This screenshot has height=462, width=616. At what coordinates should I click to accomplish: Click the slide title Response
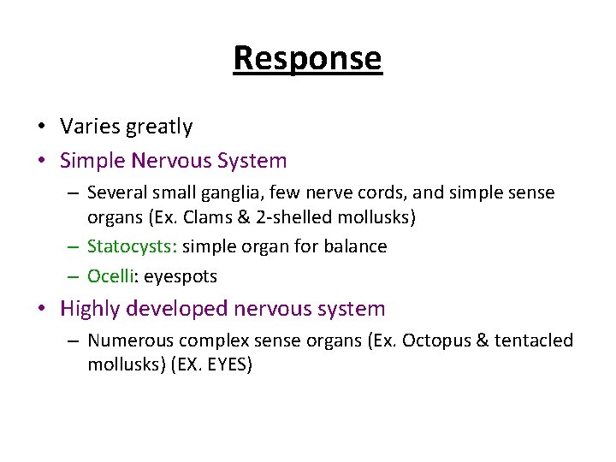coord(307,58)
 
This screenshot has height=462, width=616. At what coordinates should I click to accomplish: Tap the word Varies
coord(90,127)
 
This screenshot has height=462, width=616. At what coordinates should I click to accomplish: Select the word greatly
coord(159,127)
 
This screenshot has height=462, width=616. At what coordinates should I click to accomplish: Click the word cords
coord(350,193)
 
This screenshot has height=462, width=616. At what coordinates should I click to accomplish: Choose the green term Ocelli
coord(111,276)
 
